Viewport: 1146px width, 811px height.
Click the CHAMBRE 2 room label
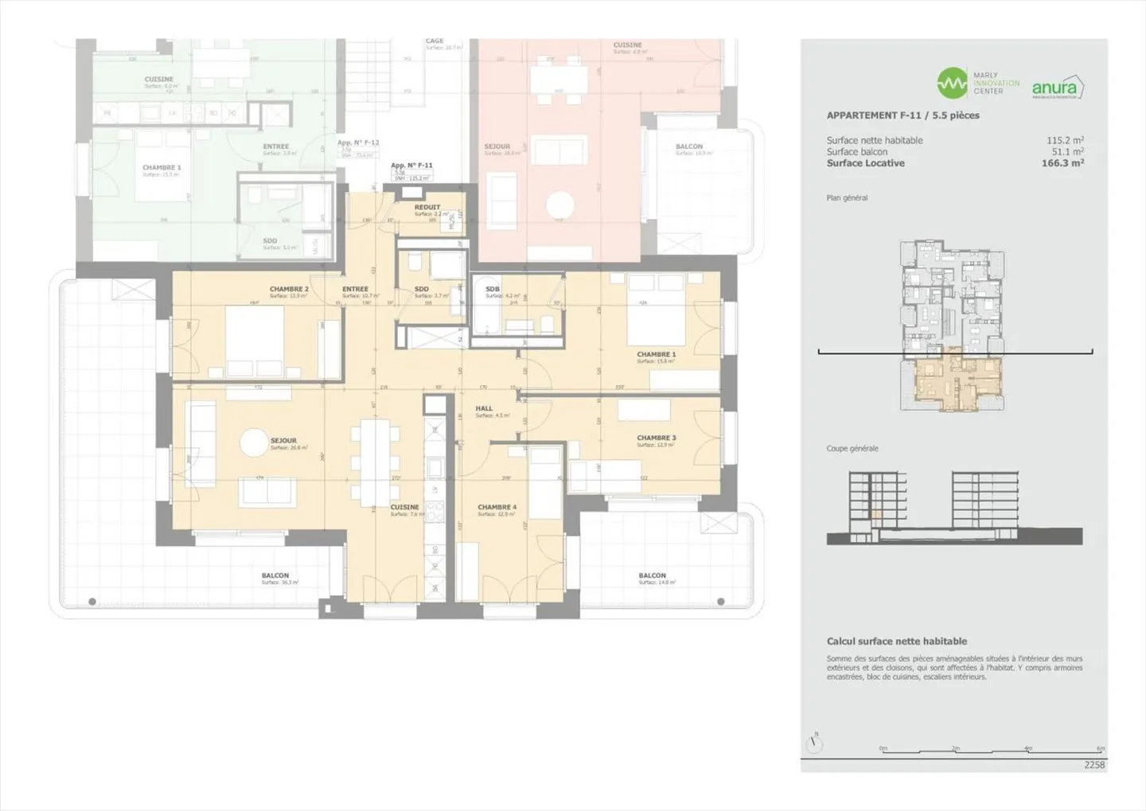(288, 290)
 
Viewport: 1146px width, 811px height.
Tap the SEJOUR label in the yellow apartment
(283, 440)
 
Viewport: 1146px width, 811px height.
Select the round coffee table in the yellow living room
(254, 443)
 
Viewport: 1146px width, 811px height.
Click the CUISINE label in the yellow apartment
(404, 507)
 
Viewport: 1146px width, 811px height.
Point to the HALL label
(484, 408)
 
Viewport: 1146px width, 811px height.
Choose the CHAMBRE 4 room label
(497, 507)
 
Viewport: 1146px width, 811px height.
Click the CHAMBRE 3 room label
(656, 438)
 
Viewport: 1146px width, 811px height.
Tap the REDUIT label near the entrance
(427, 207)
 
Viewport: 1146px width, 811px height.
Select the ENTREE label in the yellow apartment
(355, 290)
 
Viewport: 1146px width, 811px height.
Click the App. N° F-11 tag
(411, 166)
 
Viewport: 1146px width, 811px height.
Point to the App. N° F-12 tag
(358, 143)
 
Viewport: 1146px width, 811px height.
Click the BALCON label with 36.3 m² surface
(275, 575)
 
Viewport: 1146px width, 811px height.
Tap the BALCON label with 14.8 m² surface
(652, 575)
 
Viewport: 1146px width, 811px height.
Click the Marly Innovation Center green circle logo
(952, 83)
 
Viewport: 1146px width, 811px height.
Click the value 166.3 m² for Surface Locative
(1062, 163)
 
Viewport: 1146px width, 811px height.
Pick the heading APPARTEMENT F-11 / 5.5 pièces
(902, 115)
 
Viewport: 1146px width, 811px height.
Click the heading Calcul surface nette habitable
(896, 641)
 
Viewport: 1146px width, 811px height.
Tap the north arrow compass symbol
(814, 744)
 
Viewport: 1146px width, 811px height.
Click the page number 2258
(1094, 765)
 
